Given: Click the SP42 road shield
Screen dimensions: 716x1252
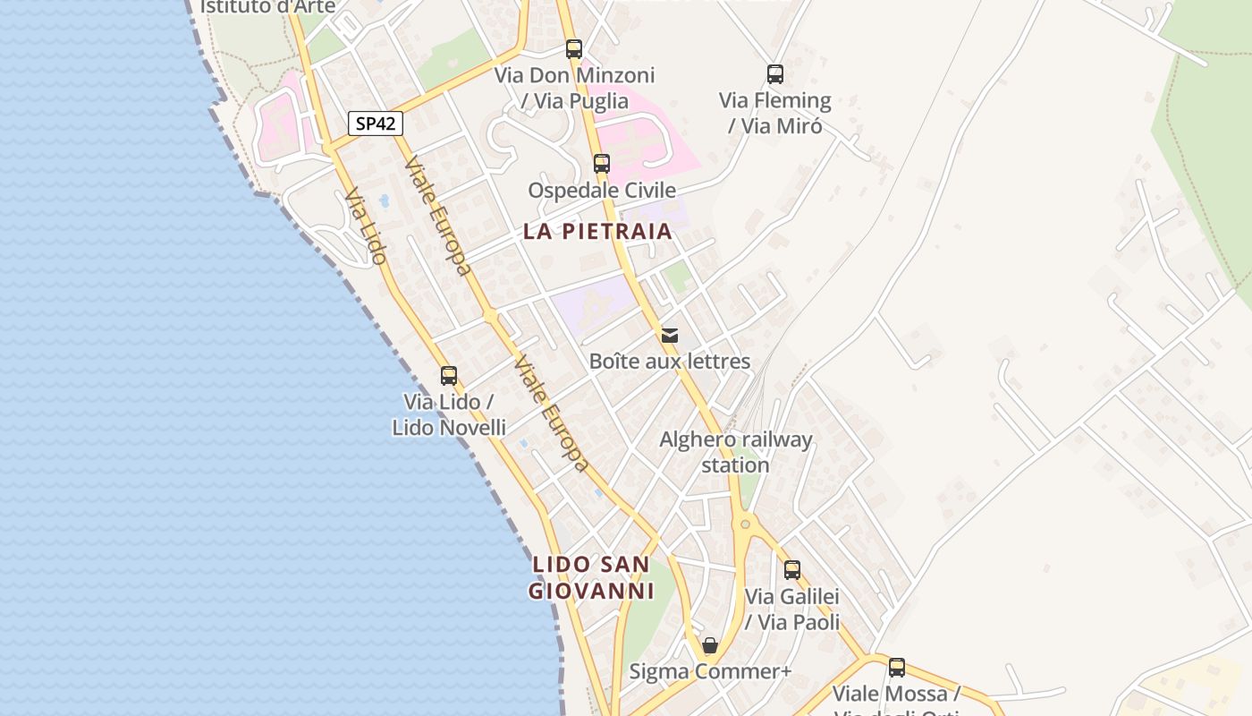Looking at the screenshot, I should click(376, 124).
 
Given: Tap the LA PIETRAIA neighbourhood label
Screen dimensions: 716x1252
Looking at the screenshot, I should click(597, 231).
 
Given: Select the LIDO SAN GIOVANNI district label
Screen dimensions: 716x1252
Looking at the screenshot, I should click(591, 577).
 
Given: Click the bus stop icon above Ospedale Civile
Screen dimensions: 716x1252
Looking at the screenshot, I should click(602, 164).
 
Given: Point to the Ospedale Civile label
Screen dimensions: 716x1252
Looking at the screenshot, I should click(602, 191).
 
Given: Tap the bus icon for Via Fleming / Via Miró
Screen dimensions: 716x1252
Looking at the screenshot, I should click(775, 74).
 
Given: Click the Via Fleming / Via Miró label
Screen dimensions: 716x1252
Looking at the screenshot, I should click(775, 113).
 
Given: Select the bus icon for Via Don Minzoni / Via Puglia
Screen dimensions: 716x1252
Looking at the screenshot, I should click(574, 49).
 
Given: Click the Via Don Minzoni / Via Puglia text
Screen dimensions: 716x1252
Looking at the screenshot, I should click(575, 88).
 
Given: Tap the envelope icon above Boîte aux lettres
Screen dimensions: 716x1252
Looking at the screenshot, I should click(670, 336).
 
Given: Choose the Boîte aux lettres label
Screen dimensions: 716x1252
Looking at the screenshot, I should click(670, 362).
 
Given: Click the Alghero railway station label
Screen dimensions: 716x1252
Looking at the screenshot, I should click(736, 452).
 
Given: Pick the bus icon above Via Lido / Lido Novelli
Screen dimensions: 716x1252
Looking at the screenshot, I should click(449, 376).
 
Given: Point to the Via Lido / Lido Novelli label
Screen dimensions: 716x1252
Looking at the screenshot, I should click(449, 414).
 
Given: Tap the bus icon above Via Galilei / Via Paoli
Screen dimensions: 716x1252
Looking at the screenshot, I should click(792, 570).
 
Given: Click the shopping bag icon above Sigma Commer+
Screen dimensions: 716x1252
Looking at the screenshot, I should click(710, 645).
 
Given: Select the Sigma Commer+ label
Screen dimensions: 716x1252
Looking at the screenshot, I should click(710, 671).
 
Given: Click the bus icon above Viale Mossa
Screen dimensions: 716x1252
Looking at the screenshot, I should click(897, 668).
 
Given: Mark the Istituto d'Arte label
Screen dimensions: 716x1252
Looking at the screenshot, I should click(267, 7).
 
